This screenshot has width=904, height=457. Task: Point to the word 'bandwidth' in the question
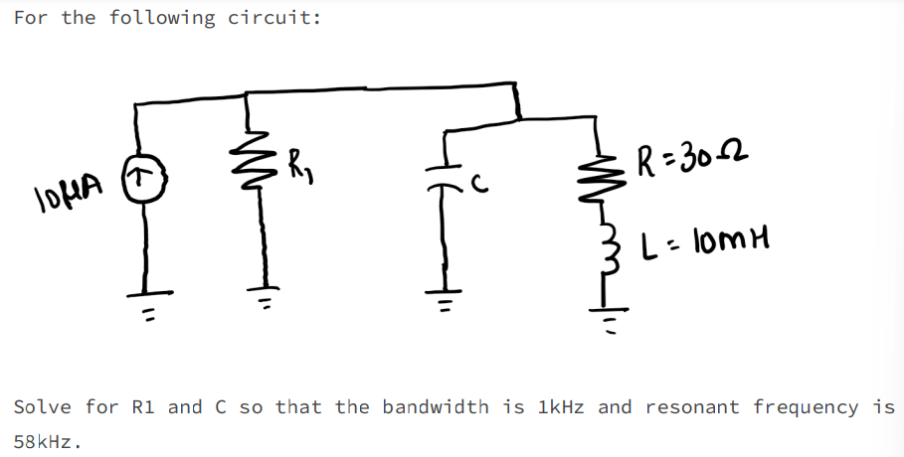436,406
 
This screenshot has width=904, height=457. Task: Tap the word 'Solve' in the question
43,406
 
